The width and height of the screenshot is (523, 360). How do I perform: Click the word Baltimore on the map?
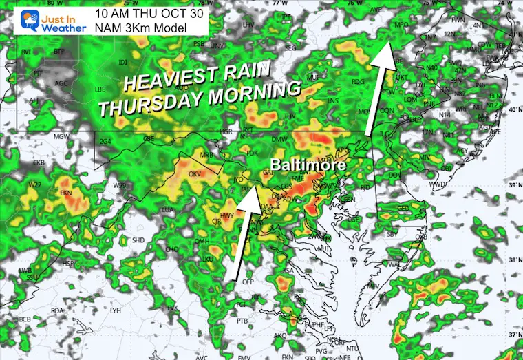(303, 166)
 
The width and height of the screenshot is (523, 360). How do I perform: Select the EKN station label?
(67, 193)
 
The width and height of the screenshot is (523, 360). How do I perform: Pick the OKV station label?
(195, 174)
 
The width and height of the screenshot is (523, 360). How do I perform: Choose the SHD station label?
(138, 240)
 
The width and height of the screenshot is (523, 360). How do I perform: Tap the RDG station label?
(357, 81)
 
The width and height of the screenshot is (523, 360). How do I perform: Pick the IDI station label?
(123, 63)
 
